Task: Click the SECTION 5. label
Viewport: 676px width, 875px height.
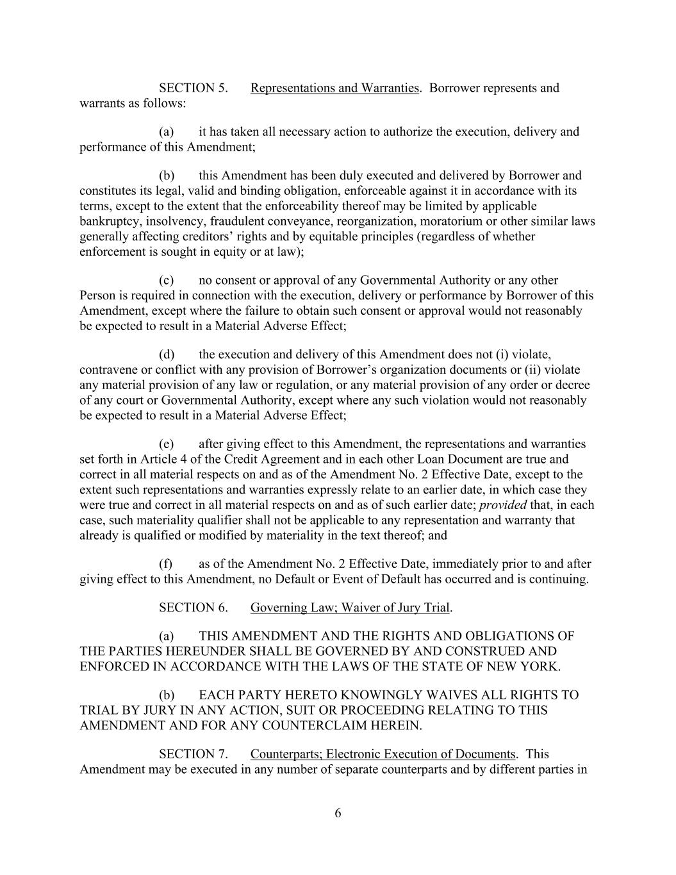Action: click(x=193, y=88)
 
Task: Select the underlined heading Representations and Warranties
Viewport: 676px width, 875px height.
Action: click(x=334, y=88)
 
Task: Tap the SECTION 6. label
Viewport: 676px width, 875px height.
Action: click(x=193, y=607)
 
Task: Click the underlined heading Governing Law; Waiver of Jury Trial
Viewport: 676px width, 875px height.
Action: click(x=350, y=607)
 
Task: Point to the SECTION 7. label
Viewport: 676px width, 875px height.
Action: click(x=193, y=754)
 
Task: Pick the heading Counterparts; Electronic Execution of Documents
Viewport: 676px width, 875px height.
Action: click(x=383, y=754)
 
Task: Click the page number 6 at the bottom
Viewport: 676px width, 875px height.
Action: click(x=338, y=813)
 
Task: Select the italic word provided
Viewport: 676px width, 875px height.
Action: click(x=503, y=505)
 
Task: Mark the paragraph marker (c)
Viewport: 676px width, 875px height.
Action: click(x=166, y=280)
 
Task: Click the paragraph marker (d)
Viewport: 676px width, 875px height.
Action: click(x=167, y=354)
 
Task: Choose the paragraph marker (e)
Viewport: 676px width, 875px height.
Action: click(x=166, y=444)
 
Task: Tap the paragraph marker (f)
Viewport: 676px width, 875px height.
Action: click(x=166, y=564)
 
